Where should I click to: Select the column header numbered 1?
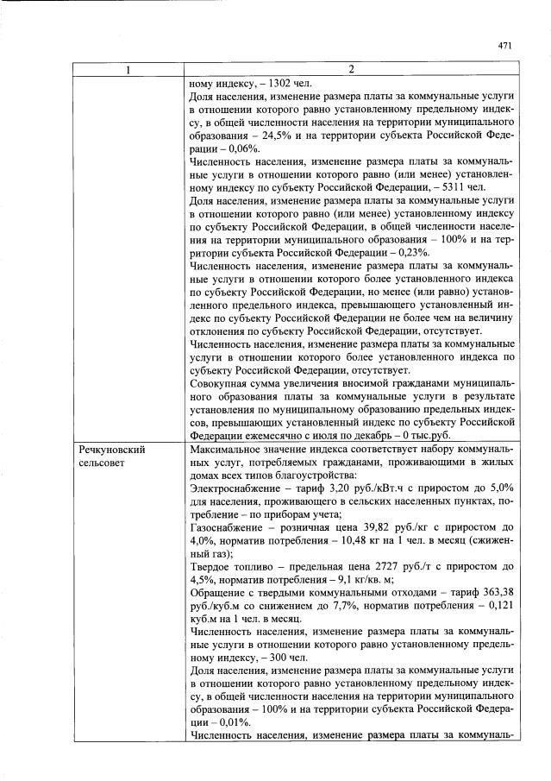128,70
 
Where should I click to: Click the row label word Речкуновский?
110,450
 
